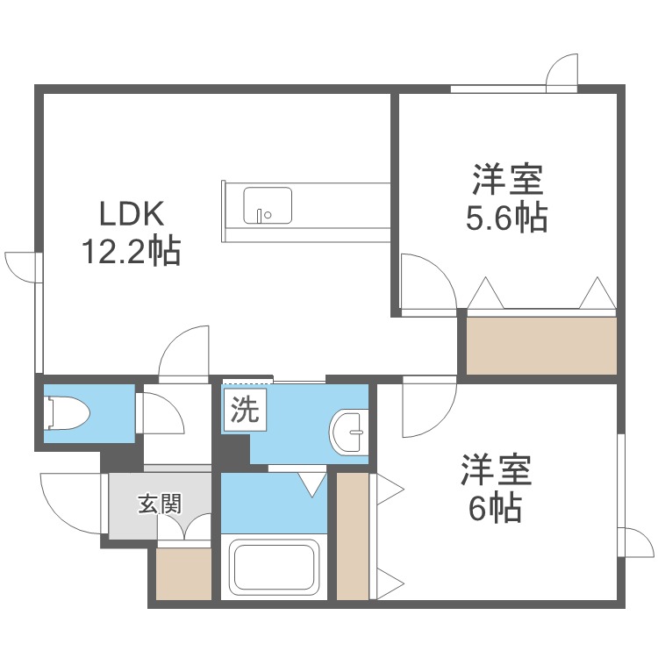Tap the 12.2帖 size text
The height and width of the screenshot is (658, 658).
pos(131,252)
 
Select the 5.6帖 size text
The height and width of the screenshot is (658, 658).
pos(506,218)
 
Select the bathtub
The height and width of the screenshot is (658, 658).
pos(273,568)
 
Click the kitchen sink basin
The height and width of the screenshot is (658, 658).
pos(267,204)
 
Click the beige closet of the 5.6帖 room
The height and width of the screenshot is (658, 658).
pos(540,345)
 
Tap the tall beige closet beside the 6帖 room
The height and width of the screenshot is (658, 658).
pos(353,536)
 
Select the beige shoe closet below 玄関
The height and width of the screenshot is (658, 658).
pos(183,575)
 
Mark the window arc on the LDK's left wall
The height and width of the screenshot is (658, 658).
pos(22,266)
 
